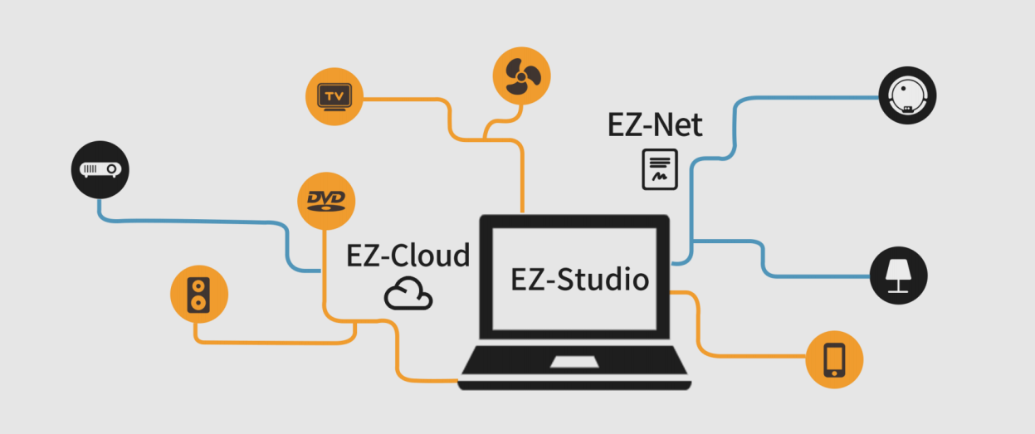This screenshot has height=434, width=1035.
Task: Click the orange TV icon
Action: (334, 96)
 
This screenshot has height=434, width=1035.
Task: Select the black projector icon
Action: (100, 169)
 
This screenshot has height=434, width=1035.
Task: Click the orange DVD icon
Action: (325, 200)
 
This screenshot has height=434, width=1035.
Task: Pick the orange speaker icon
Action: (198, 294)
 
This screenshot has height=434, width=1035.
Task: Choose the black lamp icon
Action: (898, 276)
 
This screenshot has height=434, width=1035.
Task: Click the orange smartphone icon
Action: (834, 360)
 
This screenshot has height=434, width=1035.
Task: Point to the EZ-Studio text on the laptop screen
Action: (579, 280)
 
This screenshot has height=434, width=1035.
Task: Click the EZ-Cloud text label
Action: (408, 255)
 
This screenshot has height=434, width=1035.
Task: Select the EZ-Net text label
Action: (655, 125)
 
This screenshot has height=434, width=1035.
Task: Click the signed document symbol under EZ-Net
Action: (660, 169)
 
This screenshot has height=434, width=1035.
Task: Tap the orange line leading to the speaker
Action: (274, 341)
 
